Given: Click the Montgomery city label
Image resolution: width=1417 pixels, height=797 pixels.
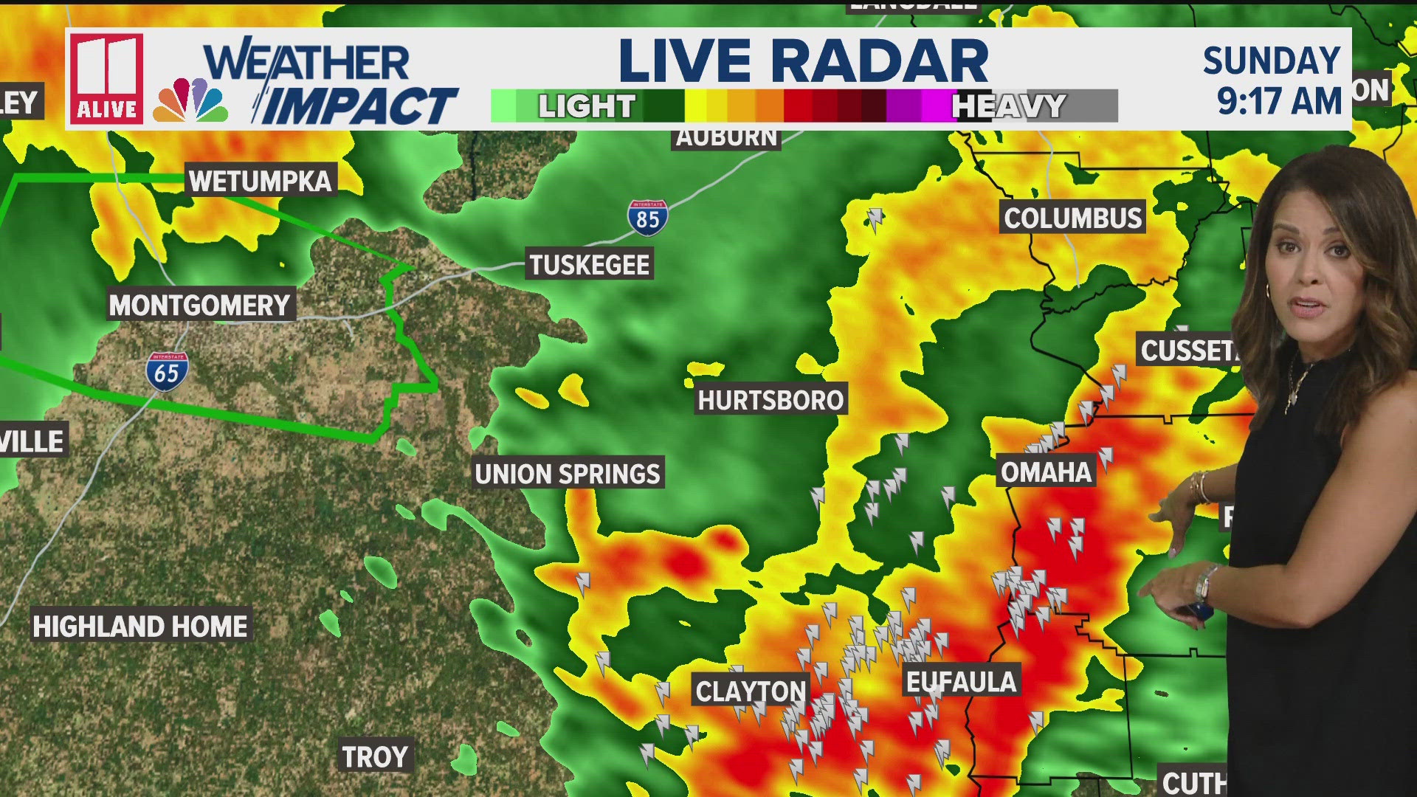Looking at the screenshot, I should pyautogui.click(x=200, y=305).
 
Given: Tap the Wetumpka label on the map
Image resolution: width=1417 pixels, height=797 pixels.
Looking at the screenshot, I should pyautogui.click(x=261, y=181).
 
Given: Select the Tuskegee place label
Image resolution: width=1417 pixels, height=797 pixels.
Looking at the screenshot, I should pyautogui.click(x=590, y=265).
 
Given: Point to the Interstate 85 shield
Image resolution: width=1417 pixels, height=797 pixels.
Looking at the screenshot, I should pyautogui.click(x=648, y=218).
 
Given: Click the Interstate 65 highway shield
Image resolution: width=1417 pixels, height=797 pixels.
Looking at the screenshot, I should pyautogui.click(x=167, y=372).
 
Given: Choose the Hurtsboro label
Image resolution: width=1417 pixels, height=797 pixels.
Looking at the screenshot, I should pyautogui.click(x=770, y=400).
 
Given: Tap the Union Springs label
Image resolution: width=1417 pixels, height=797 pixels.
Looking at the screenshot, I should pyautogui.click(x=568, y=474).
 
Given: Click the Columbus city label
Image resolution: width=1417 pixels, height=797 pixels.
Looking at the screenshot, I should pyautogui.click(x=1072, y=218).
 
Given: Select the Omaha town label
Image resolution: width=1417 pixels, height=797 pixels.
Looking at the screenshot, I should pyautogui.click(x=1046, y=472).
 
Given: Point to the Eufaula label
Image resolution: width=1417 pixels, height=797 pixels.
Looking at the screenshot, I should pyautogui.click(x=961, y=682).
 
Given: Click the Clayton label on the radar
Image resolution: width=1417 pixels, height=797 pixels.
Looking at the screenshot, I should pyautogui.click(x=751, y=691).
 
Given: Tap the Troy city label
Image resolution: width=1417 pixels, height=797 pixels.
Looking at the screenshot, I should pyautogui.click(x=375, y=757).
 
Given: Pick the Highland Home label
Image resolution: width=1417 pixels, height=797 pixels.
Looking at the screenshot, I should pyautogui.click(x=140, y=627).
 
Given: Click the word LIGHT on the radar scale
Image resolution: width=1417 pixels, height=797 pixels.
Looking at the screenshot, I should pyautogui.click(x=587, y=106).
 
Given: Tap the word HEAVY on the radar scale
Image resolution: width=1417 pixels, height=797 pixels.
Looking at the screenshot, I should pyautogui.click(x=1008, y=106).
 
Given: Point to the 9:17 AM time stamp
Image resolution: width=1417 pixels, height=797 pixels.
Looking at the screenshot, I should pyautogui.click(x=1279, y=100).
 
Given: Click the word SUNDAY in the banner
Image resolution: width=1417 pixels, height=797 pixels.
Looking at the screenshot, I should pyautogui.click(x=1272, y=61).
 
